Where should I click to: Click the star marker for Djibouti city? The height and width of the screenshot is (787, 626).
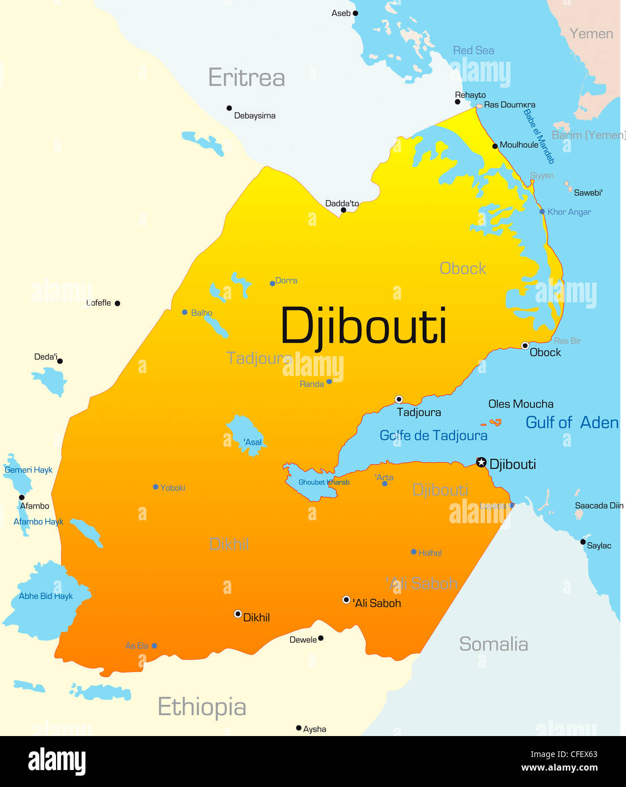[481, 463]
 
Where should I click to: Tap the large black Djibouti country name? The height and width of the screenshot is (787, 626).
[363, 327]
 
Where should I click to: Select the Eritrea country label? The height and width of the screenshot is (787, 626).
[246, 78]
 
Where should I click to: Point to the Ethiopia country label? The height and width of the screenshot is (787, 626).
[201, 707]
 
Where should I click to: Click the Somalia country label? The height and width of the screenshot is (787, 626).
[493, 644]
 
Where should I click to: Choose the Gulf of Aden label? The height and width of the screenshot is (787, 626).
[572, 422]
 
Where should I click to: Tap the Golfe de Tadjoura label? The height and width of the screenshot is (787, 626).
[433, 435]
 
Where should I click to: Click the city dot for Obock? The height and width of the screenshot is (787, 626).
[525, 345]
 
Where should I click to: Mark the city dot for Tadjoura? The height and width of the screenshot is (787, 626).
[398, 399]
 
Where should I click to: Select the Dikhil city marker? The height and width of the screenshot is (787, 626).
[238, 614]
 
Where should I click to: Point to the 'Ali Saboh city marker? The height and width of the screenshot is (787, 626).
[346, 600]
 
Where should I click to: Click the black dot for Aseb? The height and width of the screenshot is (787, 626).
[355, 13]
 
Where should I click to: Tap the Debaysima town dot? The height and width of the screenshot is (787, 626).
[229, 108]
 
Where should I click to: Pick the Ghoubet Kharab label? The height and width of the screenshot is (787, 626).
[324, 482]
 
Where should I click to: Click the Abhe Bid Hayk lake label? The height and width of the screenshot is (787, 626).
[46, 596]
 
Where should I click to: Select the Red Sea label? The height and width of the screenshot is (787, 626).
[473, 50]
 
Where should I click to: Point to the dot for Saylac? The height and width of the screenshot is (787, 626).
[583, 542]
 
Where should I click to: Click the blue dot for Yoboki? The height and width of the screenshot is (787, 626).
[156, 487]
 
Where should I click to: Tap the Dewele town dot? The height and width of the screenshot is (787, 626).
[321, 638]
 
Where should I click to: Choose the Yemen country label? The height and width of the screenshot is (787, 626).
[591, 34]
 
